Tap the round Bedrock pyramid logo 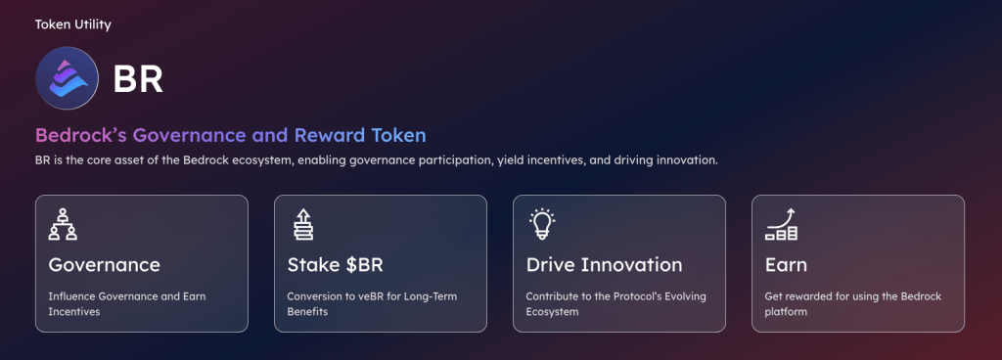point(68,77)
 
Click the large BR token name point(138,79)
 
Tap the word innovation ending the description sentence point(682,159)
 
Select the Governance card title point(104,265)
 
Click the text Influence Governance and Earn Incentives point(126,303)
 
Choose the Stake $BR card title point(336,265)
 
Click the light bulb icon point(540,224)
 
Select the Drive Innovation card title point(604,265)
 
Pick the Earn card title point(786,265)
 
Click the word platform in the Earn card point(787,312)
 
